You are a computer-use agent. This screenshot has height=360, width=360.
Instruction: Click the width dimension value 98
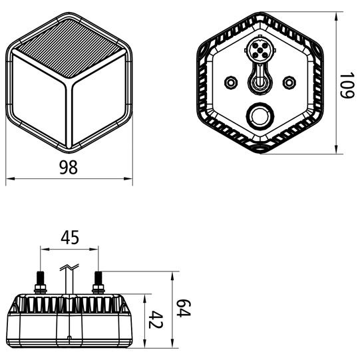click(x=68, y=168)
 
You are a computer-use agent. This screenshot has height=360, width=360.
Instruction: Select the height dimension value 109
click(x=345, y=87)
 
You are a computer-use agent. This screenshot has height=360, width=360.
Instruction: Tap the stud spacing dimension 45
click(x=70, y=236)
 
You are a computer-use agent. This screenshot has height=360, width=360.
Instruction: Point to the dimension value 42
click(x=155, y=320)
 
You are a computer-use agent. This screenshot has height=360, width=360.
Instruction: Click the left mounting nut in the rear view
click(x=231, y=82)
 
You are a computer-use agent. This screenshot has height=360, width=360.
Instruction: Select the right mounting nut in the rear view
click(x=289, y=82)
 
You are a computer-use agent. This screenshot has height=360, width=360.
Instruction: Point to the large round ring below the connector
click(x=260, y=117)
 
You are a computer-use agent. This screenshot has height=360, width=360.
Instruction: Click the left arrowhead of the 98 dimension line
click(x=9, y=179)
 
